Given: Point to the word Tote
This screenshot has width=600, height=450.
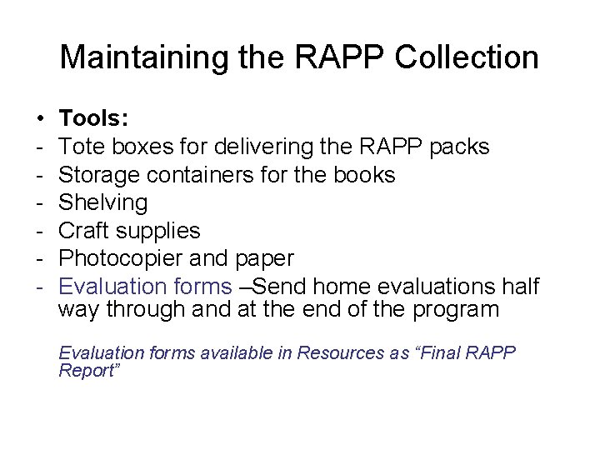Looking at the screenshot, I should [82, 147].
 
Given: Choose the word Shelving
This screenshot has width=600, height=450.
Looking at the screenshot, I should [104, 202].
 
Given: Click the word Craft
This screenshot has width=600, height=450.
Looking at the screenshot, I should [84, 230].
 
